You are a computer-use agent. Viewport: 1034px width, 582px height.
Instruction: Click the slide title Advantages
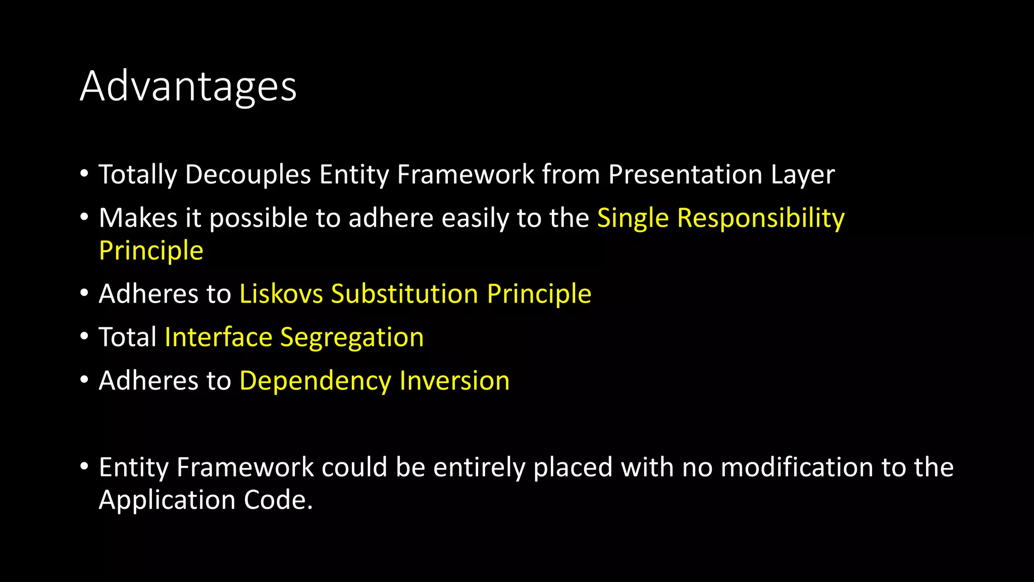(x=188, y=87)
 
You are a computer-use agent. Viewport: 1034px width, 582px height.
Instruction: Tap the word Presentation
(x=685, y=175)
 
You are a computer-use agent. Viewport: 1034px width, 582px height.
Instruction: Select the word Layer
(x=803, y=175)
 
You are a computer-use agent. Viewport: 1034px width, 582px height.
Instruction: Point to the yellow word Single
(x=633, y=218)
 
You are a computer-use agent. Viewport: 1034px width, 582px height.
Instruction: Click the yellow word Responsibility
(x=760, y=218)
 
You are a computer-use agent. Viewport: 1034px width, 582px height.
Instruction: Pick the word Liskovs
(x=281, y=294)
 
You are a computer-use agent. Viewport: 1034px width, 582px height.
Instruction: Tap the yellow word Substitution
(x=404, y=294)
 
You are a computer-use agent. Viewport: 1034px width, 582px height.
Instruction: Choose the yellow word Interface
(x=218, y=337)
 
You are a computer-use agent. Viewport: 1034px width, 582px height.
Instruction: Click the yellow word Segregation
(x=352, y=337)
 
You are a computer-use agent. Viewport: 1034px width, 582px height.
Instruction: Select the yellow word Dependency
(x=315, y=381)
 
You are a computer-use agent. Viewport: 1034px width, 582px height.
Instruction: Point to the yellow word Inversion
(x=454, y=381)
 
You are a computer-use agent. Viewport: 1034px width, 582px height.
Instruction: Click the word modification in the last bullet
(x=797, y=467)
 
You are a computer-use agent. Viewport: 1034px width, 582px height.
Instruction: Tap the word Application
(x=167, y=500)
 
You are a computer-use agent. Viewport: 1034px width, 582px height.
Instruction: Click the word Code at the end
(x=278, y=500)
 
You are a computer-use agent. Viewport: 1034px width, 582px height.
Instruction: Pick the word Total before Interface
(x=128, y=337)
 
